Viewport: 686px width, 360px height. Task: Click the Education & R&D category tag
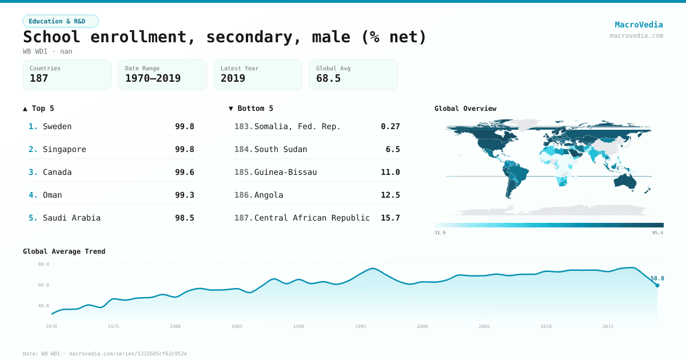point(61,21)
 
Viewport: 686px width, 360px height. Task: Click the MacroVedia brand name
point(639,25)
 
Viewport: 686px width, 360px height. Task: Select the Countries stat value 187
point(39,78)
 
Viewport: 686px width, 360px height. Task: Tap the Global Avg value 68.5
point(328,78)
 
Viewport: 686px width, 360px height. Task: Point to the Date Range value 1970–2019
point(153,78)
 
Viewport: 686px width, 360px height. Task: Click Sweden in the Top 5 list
point(57,126)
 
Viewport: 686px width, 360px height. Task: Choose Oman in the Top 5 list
point(53,195)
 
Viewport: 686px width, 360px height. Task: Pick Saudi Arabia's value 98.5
point(185,218)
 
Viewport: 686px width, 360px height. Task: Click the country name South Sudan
point(281,149)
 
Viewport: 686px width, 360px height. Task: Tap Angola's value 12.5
point(390,195)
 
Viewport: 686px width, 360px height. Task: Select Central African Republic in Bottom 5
point(312,218)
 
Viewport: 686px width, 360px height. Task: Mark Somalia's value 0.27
point(390,126)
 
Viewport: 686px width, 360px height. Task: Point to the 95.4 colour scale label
point(657,233)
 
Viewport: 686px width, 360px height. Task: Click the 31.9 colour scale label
point(440,233)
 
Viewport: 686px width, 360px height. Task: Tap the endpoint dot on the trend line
point(657,285)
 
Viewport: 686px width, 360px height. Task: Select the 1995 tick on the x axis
point(361,326)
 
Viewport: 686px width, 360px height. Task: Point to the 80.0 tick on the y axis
point(43,264)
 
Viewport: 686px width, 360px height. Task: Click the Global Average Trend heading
point(64,251)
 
